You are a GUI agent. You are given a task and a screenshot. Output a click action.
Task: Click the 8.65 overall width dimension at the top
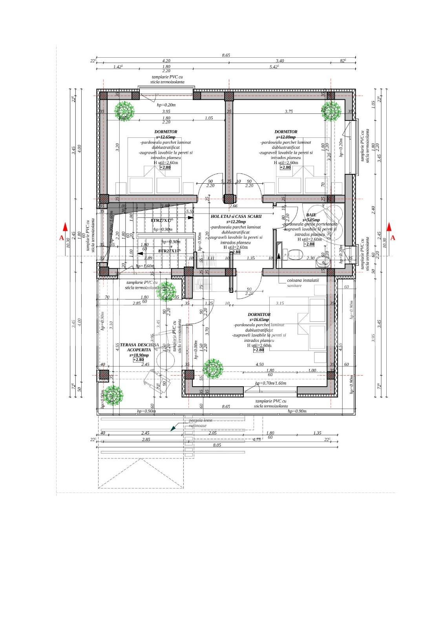coord(226,56)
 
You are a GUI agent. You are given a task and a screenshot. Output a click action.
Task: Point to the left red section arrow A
coord(65,227)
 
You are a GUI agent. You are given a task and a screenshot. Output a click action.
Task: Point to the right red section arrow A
coord(389,227)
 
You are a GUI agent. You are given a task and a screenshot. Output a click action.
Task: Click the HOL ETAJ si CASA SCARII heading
coord(236,216)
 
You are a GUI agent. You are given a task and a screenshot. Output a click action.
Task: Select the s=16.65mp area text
coord(259,320)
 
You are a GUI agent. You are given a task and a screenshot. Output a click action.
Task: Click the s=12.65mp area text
coord(166,137)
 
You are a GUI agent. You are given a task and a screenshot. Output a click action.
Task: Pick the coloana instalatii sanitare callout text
coord(303,283)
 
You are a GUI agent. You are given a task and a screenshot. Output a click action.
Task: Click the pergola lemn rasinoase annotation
coord(200,423)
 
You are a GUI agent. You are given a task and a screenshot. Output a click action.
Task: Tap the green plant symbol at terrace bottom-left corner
coord(113,395)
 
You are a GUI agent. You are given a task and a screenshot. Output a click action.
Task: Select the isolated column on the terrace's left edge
coord(104,374)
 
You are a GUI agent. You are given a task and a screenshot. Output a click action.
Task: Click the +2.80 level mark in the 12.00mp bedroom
coord(285,168)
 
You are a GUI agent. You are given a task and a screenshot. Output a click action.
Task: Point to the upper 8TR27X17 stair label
coord(162,221)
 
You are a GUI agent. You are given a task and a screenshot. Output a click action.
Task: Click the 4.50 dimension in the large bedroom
coord(259,364)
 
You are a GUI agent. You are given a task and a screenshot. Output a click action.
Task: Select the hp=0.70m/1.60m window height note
coord(270,383)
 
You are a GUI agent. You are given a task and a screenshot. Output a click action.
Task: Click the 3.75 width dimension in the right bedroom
coord(289,111)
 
